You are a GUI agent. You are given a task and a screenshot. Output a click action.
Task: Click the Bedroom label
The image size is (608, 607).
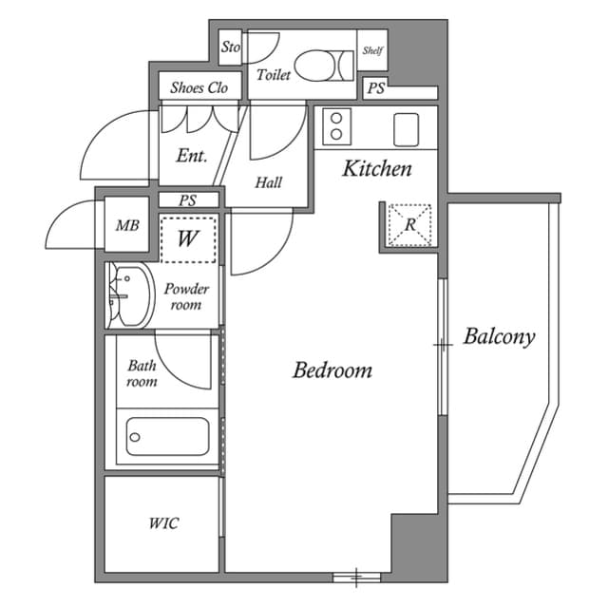332,370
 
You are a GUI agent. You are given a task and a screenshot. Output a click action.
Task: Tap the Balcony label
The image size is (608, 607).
499,336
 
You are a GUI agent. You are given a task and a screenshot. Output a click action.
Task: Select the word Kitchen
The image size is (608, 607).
376,169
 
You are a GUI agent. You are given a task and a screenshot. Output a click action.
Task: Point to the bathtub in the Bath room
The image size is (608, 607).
167,437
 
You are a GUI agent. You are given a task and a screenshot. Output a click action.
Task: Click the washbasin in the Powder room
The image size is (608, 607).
129,295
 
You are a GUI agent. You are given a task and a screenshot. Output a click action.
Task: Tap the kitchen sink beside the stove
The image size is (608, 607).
407,125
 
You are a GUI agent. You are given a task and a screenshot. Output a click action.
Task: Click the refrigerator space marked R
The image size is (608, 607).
409,225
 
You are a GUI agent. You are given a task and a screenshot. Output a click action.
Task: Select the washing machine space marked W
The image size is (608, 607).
188,237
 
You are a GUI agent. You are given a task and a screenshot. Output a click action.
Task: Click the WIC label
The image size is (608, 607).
162,523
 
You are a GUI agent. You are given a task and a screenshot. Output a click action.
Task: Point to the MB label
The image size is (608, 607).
126,226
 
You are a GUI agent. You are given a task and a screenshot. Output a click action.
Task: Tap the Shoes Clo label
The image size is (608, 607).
199,88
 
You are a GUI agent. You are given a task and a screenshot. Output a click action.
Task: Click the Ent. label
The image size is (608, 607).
191,156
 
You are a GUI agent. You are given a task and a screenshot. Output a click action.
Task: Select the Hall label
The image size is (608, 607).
269,182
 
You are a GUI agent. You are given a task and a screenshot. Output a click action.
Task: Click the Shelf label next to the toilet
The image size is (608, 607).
372,51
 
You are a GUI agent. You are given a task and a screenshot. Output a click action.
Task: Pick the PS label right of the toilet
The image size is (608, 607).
376,90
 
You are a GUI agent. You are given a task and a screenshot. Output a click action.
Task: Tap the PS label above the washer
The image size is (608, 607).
188,200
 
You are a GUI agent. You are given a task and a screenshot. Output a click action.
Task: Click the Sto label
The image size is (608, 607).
231,47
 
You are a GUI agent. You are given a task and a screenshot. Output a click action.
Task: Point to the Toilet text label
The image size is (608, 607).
274,74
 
